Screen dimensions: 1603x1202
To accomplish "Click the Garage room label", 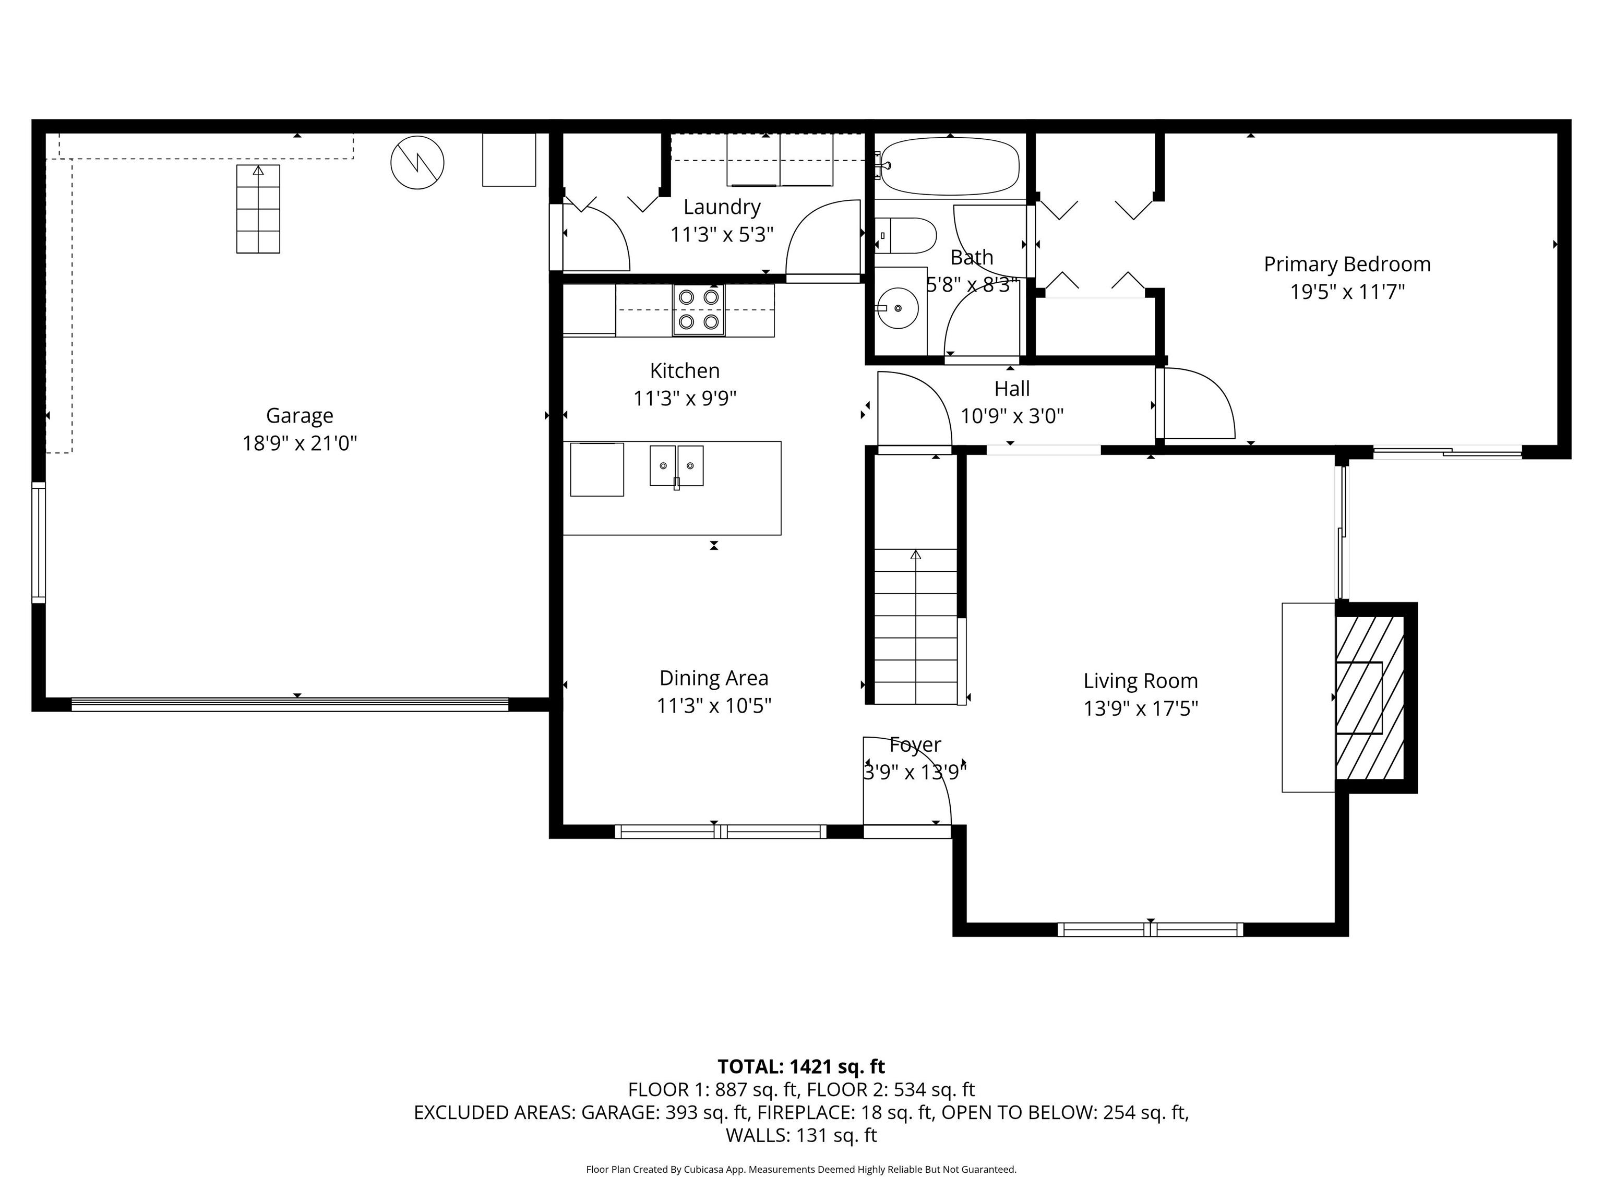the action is coord(300,416).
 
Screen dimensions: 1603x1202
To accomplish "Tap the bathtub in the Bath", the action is coord(949,166).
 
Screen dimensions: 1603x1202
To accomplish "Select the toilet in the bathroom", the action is coord(905,235).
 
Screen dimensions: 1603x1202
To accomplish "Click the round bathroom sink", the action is coord(899,308).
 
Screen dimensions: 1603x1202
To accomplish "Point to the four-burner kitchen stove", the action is coord(699,309).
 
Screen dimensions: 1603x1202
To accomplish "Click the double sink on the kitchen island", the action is coord(676,466).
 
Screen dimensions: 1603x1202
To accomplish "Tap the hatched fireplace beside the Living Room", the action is coord(1370,698).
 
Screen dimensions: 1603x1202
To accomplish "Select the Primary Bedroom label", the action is coord(1347,265).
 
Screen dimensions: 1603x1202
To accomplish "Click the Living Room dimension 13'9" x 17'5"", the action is coord(1141,708).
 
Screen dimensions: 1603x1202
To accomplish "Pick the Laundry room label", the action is coord(722,207).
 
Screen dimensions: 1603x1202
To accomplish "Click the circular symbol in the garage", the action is coord(417,163).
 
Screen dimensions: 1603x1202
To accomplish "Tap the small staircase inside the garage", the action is coord(258,209).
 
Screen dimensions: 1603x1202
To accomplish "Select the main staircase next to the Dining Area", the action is coord(916,626).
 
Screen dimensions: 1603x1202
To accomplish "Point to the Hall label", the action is coord(1012,389).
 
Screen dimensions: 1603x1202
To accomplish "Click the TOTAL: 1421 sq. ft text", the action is coord(801,1066).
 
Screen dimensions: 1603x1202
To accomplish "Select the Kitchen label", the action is coord(685,371).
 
